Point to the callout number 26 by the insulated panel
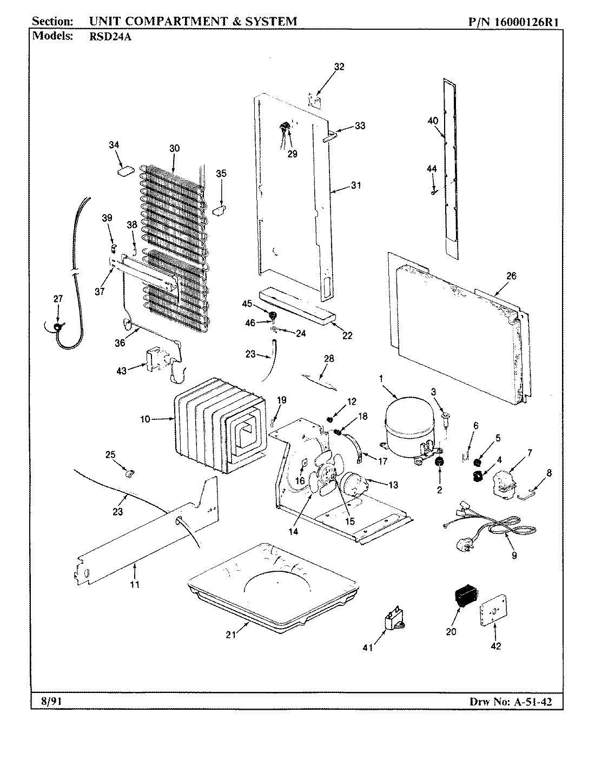coord(511,276)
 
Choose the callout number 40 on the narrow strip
coord(433,121)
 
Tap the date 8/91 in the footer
coord(51,701)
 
